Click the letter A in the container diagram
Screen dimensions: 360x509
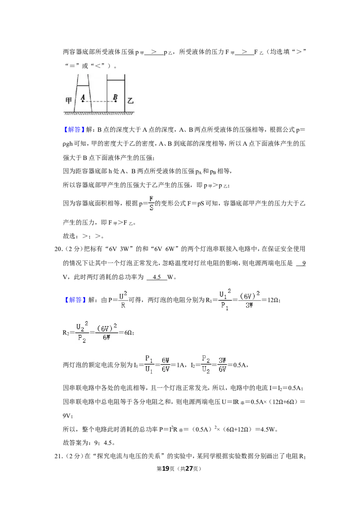pyautogui.click(x=83, y=97)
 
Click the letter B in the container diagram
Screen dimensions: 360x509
pyautogui.click(x=115, y=97)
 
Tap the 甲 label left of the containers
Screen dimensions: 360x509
pyautogui.click(x=68, y=100)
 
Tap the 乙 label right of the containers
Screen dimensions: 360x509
pyautogui.click(x=130, y=100)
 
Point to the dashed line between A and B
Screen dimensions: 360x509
pyautogui.click(x=99, y=102)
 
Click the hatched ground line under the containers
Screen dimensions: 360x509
pyautogui.click(x=99, y=113)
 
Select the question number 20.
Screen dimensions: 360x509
pyautogui.click(x=58, y=249)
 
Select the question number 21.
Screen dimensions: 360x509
pyautogui.click(x=58, y=456)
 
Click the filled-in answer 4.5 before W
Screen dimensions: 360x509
pyautogui.click(x=157, y=277)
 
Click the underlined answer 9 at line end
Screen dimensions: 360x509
pyautogui.click(x=303, y=263)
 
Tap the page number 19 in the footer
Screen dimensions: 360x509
pyautogui.click(x=166, y=469)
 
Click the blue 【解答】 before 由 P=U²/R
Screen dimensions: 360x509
pyautogui.click(x=73, y=299)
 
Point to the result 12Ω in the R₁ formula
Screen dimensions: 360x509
pyautogui.click(x=273, y=300)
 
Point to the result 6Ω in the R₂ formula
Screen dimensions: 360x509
pyautogui.click(x=129, y=332)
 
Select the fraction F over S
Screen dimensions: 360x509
pyautogui.click(x=151, y=203)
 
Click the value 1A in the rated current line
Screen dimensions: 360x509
pyautogui.click(x=180, y=365)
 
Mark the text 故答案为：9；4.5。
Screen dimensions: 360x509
pyautogui.click(x=89, y=443)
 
